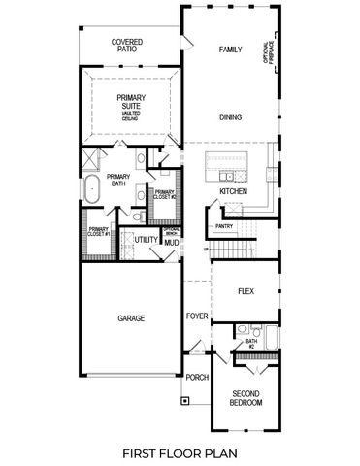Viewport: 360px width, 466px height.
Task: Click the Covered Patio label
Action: click(x=128, y=47)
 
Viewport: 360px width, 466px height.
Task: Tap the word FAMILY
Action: click(x=229, y=50)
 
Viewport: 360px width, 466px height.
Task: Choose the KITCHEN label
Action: click(x=233, y=191)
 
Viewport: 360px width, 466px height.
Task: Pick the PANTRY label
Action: click(x=224, y=227)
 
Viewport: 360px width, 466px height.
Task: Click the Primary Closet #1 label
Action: click(x=97, y=233)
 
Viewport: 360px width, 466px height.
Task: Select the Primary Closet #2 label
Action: click(x=163, y=194)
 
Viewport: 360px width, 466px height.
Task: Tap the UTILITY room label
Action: click(x=146, y=239)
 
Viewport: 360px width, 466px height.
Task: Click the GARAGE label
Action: click(x=131, y=318)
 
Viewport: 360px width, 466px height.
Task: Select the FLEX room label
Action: click(x=245, y=290)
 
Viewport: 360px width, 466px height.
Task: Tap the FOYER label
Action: click(x=197, y=316)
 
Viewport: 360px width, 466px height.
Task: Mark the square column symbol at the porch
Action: click(x=183, y=398)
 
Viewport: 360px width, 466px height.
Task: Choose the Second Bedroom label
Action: click(x=245, y=397)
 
